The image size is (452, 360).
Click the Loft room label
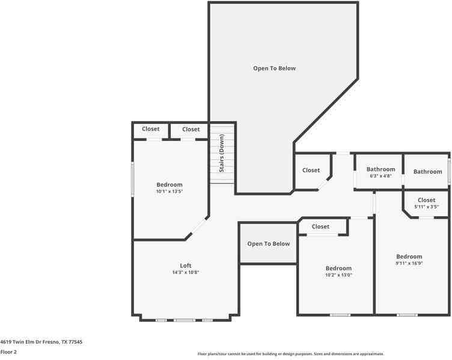(x=186, y=266)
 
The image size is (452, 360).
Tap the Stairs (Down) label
(x=222, y=153)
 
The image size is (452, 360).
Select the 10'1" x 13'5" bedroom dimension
(x=169, y=191)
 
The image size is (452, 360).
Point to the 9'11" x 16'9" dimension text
(x=409, y=263)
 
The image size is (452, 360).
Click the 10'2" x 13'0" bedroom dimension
(x=338, y=275)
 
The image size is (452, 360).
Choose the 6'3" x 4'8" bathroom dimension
(x=381, y=176)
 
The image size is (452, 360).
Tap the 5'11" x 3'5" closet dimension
(x=426, y=207)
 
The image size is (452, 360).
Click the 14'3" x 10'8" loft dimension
(x=186, y=272)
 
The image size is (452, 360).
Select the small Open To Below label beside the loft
(x=268, y=244)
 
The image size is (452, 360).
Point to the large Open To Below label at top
(x=275, y=69)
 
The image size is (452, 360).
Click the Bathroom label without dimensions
(x=428, y=171)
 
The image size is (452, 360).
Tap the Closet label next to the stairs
(x=191, y=129)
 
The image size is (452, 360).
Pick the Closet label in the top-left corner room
(x=150, y=129)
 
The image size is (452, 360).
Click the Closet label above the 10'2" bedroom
(x=320, y=227)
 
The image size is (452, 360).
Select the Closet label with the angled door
(x=311, y=170)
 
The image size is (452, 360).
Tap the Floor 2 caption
(x=8, y=352)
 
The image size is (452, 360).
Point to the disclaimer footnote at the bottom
(x=290, y=353)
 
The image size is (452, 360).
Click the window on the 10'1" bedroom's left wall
(x=133, y=179)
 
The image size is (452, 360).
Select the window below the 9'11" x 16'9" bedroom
(x=407, y=315)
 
